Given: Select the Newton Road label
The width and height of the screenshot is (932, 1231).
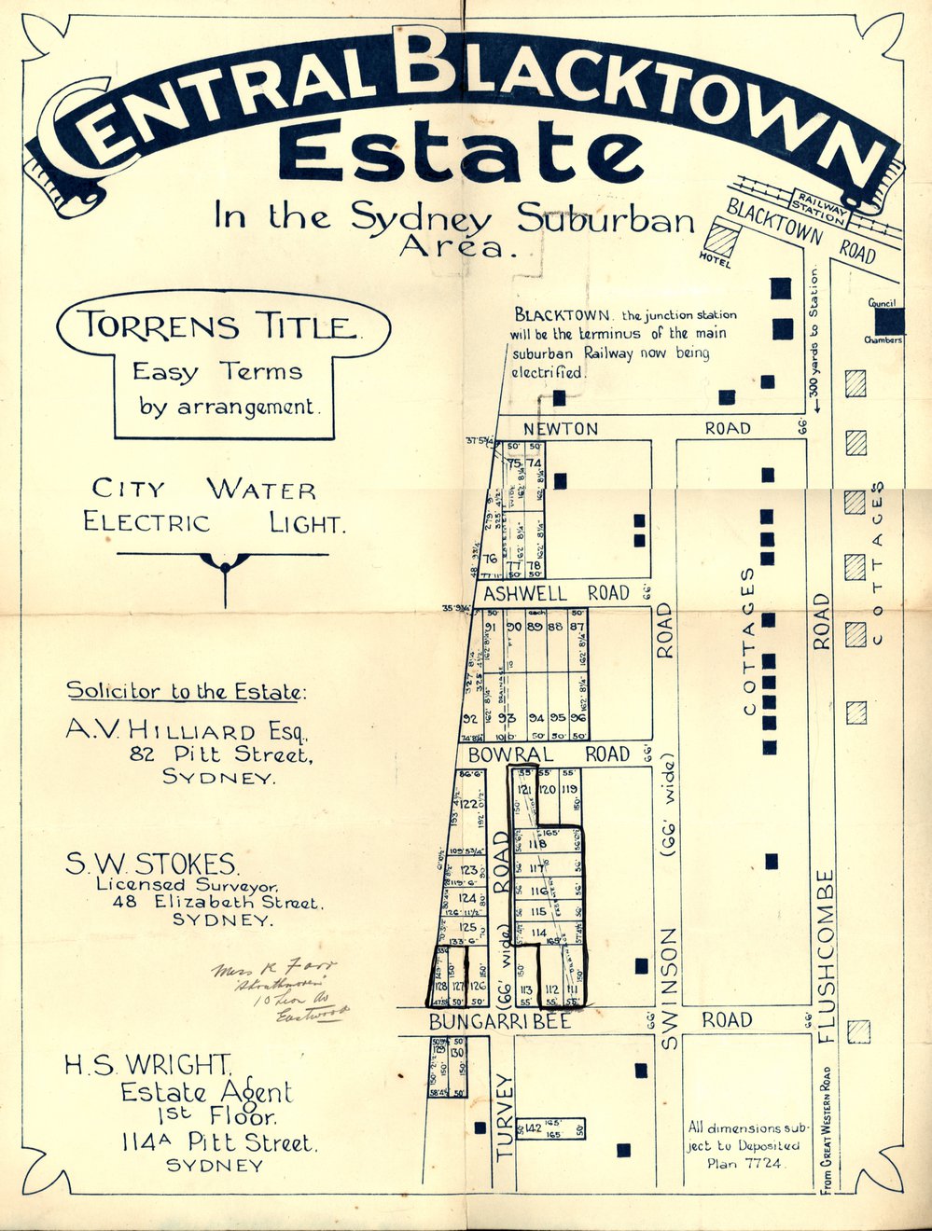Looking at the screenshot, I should [x=560, y=428].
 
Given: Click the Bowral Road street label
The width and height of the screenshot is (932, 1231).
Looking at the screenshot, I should [x=510, y=754].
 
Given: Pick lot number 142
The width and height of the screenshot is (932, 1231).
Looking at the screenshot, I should [x=534, y=1128].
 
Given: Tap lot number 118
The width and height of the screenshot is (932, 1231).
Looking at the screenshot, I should [x=536, y=844].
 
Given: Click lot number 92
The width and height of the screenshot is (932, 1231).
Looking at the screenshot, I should [x=469, y=719].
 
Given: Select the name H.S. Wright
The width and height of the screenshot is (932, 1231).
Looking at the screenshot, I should [x=147, y=1064].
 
